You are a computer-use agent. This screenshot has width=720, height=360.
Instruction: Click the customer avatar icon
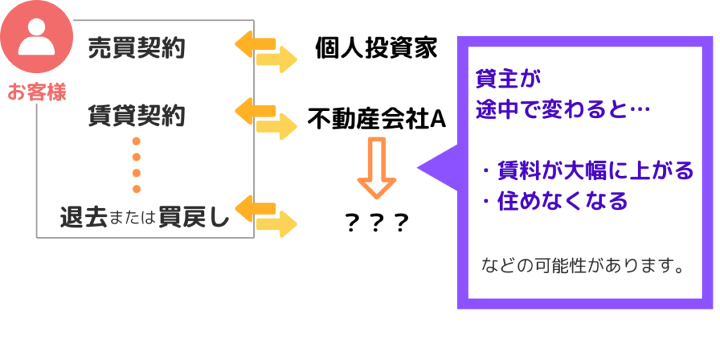pos(35,37)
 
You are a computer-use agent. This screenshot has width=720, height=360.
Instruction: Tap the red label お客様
pos(37,92)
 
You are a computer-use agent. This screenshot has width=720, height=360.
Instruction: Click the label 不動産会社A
pos(376,119)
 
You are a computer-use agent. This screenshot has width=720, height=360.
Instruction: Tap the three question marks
pos(378,224)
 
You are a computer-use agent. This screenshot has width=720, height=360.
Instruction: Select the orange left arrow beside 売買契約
pos(255,44)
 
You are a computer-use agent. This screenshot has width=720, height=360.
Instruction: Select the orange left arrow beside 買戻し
pos(255,207)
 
